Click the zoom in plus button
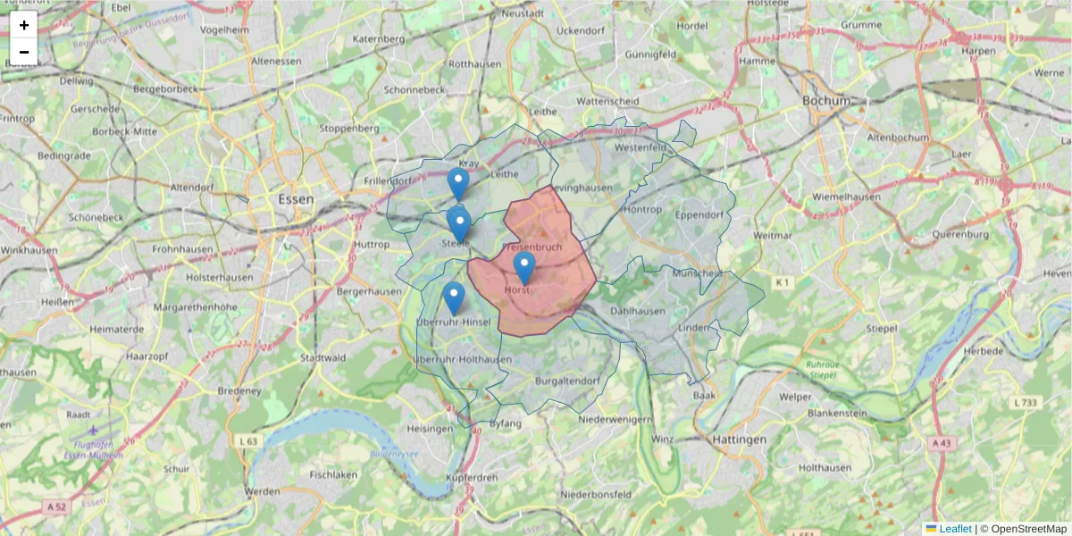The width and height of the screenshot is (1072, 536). [x=24, y=25]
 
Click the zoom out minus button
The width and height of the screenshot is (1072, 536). [x=24, y=52]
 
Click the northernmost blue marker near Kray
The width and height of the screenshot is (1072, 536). [x=458, y=183]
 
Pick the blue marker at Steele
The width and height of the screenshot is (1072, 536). [x=459, y=224]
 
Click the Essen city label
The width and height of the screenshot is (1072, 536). [x=296, y=199]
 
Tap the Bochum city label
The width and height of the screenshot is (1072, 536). [x=826, y=101]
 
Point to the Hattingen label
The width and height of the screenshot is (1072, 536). [x=740, y=440]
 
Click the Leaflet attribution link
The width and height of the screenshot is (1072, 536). [x=955, y=529]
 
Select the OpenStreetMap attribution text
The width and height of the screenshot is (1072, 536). [x=1029, y=529]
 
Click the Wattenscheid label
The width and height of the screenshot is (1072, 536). [x=607, y=102]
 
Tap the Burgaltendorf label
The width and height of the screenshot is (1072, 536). [x=566, y=381]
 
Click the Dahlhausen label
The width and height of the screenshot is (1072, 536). [x=638, y=311]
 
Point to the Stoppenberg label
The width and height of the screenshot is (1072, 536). [x=349, y=128]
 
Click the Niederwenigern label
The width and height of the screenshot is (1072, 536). [x=616, y=419]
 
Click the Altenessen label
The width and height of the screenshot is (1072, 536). [x=276, y=61]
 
